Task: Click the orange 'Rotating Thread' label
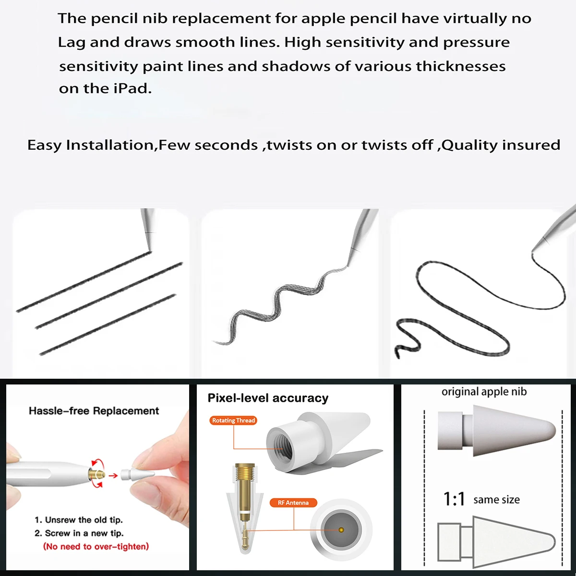click(x=234, y=420)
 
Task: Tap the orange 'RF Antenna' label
click(x=293, y=503)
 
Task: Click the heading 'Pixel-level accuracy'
click(x=268, y=398)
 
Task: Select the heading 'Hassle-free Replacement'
click(x=94, y=411)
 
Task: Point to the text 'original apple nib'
click(x=484, y=392)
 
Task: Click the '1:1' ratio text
click(x=454, y=499)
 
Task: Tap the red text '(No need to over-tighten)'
click(x=96, y=546)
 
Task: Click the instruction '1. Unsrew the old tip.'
click(x=79, y=520)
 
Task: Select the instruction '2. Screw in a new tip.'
click(x=79, y=533)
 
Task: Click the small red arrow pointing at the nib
click(x=113, y=476)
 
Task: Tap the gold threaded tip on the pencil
click(x=97, y=474)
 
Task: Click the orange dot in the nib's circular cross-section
click(x=341, y=530)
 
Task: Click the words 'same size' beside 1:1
click(x=496, y=500)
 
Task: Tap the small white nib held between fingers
click(x=137, y=474)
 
